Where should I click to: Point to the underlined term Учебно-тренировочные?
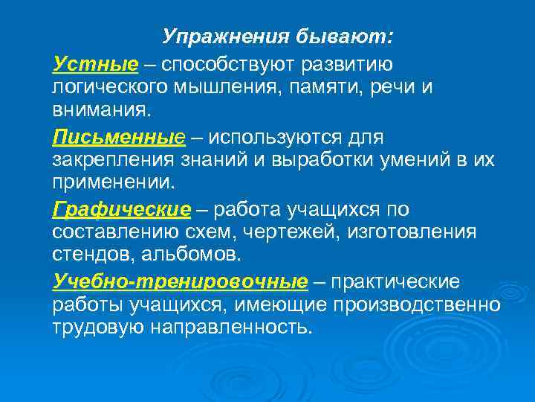179,282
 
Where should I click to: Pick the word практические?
396,282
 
